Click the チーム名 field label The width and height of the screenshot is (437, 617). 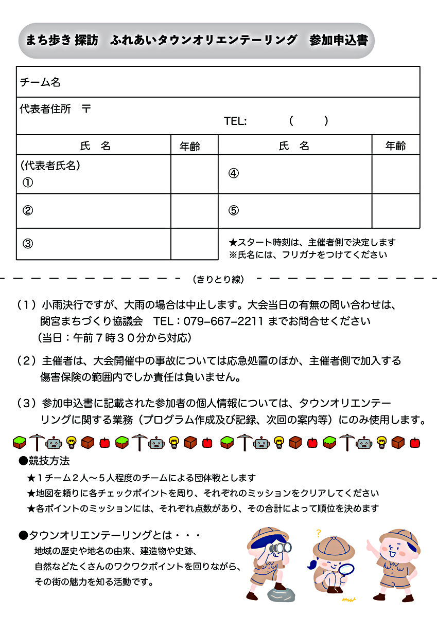pos(40,82)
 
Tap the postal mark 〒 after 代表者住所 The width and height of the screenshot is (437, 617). pos(87,109)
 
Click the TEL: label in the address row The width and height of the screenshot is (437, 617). pos(235,121)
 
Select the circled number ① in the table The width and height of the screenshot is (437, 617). pos(28,183)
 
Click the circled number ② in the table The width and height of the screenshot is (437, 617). pos(28,210)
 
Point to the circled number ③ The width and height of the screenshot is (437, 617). pos(28,244)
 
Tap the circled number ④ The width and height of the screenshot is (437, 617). pos(234,173)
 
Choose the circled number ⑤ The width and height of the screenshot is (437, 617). pos(234,210)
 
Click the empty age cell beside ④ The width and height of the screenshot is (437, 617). pos(395,174)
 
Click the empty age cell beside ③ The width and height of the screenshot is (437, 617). pos(194,244)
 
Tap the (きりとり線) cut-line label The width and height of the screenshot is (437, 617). pos(218,280)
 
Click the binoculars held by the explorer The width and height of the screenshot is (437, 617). pos(281,548)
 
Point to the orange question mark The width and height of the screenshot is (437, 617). pos(319,533)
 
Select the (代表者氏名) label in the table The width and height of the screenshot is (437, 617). pos(50,166)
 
